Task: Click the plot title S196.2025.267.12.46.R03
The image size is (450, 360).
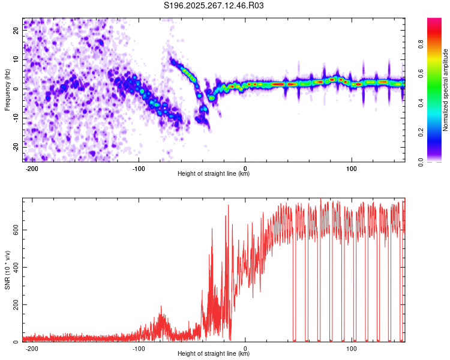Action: pyautogui.click(x=214, y=5)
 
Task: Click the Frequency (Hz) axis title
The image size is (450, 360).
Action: pyautogui.click(x=7, y=89)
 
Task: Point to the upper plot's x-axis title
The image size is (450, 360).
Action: pyautogui.click(x=214, y=173)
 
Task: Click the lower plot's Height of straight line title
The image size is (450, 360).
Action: pyautogui.click(x=214, y=353)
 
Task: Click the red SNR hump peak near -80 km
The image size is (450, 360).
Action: pyautogui.click(x=161, y=307)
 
